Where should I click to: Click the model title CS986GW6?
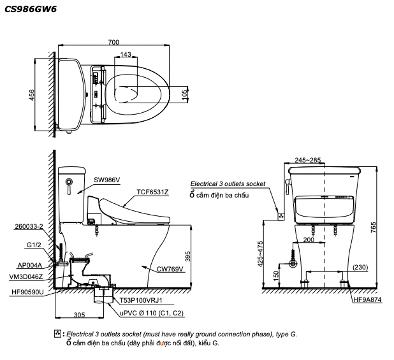coord(30,9)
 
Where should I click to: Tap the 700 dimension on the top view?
coord(113,42)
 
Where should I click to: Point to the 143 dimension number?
coord(126,55)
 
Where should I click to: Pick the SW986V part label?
coord(107,180)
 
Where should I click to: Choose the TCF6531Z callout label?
coord(152,191)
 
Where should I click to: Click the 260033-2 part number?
coord(28,226)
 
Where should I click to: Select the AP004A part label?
coord(30,265)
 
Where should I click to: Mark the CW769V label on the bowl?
coord(170,269)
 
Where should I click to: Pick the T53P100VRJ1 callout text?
coord(141,299)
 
